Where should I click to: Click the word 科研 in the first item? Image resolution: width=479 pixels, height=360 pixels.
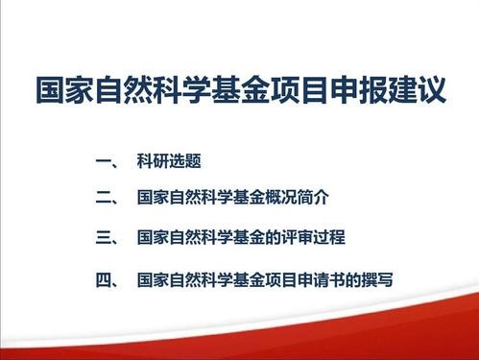pos(153,161)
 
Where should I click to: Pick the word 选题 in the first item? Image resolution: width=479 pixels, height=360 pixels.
pos(185,161)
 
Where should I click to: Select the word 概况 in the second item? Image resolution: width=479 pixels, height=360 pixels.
pos(281,198)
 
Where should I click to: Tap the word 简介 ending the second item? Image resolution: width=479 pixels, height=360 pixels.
pos(313,198)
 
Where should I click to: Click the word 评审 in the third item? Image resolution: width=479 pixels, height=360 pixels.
pos(297,237)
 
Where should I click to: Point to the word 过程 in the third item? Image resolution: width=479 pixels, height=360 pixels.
pos(329,237)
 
